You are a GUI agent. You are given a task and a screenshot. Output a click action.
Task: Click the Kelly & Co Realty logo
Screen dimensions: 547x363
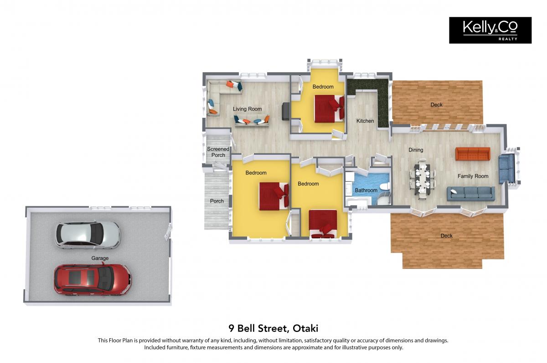[490, 30]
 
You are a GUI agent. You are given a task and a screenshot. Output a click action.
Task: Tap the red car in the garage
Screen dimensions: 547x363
[93, 279]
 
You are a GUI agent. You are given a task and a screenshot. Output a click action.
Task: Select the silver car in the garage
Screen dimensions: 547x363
[88, 235]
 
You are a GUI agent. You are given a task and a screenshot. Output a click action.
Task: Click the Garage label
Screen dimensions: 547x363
[100, 258]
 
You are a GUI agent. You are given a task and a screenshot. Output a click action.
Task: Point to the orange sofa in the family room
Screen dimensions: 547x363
[473, 154]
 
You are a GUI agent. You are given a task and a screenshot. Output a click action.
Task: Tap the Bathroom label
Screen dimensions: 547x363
[366, 190]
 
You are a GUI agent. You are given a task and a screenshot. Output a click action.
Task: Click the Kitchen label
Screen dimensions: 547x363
[365, 121]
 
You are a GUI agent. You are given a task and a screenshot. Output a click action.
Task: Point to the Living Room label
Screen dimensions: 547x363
[247, 109]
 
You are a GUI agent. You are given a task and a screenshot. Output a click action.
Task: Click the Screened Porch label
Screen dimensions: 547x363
[218, 152]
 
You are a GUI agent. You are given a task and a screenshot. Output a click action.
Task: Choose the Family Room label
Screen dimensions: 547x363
[473, 176]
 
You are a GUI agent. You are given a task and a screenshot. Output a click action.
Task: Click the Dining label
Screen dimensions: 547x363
[416, 150]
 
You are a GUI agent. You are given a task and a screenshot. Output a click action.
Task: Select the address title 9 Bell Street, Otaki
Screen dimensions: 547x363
[273, 328]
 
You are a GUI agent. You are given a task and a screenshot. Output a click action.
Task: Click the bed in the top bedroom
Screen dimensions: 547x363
[329, 109]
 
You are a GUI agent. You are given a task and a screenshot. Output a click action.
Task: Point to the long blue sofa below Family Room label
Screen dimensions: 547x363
[471, 194]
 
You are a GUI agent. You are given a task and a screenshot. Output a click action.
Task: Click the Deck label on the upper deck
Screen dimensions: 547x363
[436, 105]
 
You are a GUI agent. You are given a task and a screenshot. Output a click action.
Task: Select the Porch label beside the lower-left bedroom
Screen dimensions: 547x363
[217, 201]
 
